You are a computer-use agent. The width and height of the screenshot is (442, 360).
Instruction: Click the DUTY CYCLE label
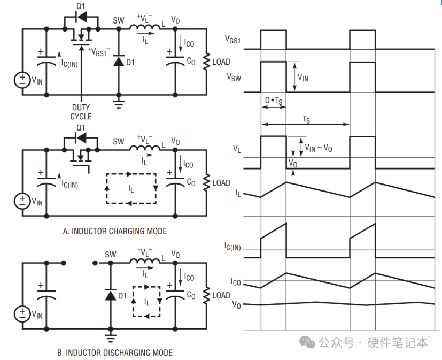81,112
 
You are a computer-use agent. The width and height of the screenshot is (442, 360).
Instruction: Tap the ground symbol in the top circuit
119,104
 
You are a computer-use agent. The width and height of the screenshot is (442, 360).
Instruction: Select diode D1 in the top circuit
119,62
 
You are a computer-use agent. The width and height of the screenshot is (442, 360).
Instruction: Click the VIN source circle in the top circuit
22,80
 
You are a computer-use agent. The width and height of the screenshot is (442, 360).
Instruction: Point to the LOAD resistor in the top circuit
207,62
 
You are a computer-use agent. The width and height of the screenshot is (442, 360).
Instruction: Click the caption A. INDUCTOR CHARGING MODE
115,231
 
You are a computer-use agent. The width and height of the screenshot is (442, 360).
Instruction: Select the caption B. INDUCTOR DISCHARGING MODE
115,353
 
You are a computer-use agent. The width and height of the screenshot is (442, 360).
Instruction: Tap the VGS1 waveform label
232,39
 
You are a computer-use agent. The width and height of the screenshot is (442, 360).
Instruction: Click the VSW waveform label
234,78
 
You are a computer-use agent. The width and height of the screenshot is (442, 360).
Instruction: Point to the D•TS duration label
274,101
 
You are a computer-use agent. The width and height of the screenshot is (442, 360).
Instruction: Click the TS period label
306,119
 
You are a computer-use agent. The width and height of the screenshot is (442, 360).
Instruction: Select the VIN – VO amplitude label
319,148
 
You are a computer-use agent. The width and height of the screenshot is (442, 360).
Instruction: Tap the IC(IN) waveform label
232,247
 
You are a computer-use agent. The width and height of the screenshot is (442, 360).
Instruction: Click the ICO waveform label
236,281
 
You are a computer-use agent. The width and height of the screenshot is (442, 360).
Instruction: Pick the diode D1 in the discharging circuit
110,295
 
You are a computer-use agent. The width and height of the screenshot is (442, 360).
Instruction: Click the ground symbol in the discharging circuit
111,338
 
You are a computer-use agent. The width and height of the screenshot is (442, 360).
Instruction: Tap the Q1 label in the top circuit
81,6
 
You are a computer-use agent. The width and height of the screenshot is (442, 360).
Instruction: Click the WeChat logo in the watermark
307,342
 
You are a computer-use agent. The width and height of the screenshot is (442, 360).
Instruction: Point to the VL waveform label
237,149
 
